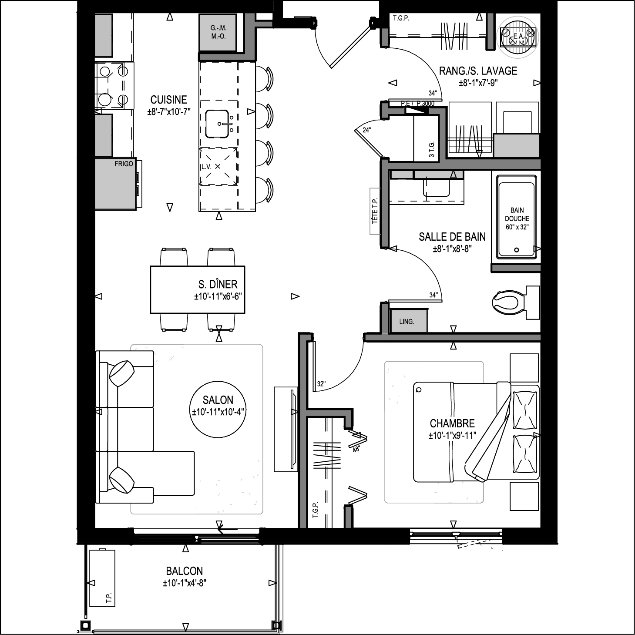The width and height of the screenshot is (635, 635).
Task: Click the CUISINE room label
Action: [169, 100]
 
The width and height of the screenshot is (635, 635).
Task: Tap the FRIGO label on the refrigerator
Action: [124, 164]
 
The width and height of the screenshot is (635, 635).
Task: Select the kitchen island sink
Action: [217, 124]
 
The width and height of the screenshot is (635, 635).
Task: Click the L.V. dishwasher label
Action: [206, 167]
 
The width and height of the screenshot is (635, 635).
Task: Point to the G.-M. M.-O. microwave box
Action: [218, 32]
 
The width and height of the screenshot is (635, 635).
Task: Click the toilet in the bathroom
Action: [516, 302]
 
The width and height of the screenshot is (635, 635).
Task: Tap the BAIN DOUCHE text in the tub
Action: [517, 214]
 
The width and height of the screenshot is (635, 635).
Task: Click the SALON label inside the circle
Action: [218, 400]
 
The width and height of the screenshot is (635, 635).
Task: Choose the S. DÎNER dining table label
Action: [218, 284]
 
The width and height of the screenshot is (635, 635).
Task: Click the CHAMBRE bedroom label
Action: [452, 423]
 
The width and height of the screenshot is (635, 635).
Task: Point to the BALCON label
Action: [184, 571]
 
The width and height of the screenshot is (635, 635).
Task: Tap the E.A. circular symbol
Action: [518, 37]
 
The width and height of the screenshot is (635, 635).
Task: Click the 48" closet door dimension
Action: [356, 449]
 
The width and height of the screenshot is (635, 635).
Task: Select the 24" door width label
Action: [367, 130]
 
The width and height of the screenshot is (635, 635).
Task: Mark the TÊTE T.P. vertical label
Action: [375, 211]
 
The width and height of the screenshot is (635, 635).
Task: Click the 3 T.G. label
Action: [431, 149]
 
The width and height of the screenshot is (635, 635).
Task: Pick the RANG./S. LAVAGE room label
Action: [478, 71]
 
